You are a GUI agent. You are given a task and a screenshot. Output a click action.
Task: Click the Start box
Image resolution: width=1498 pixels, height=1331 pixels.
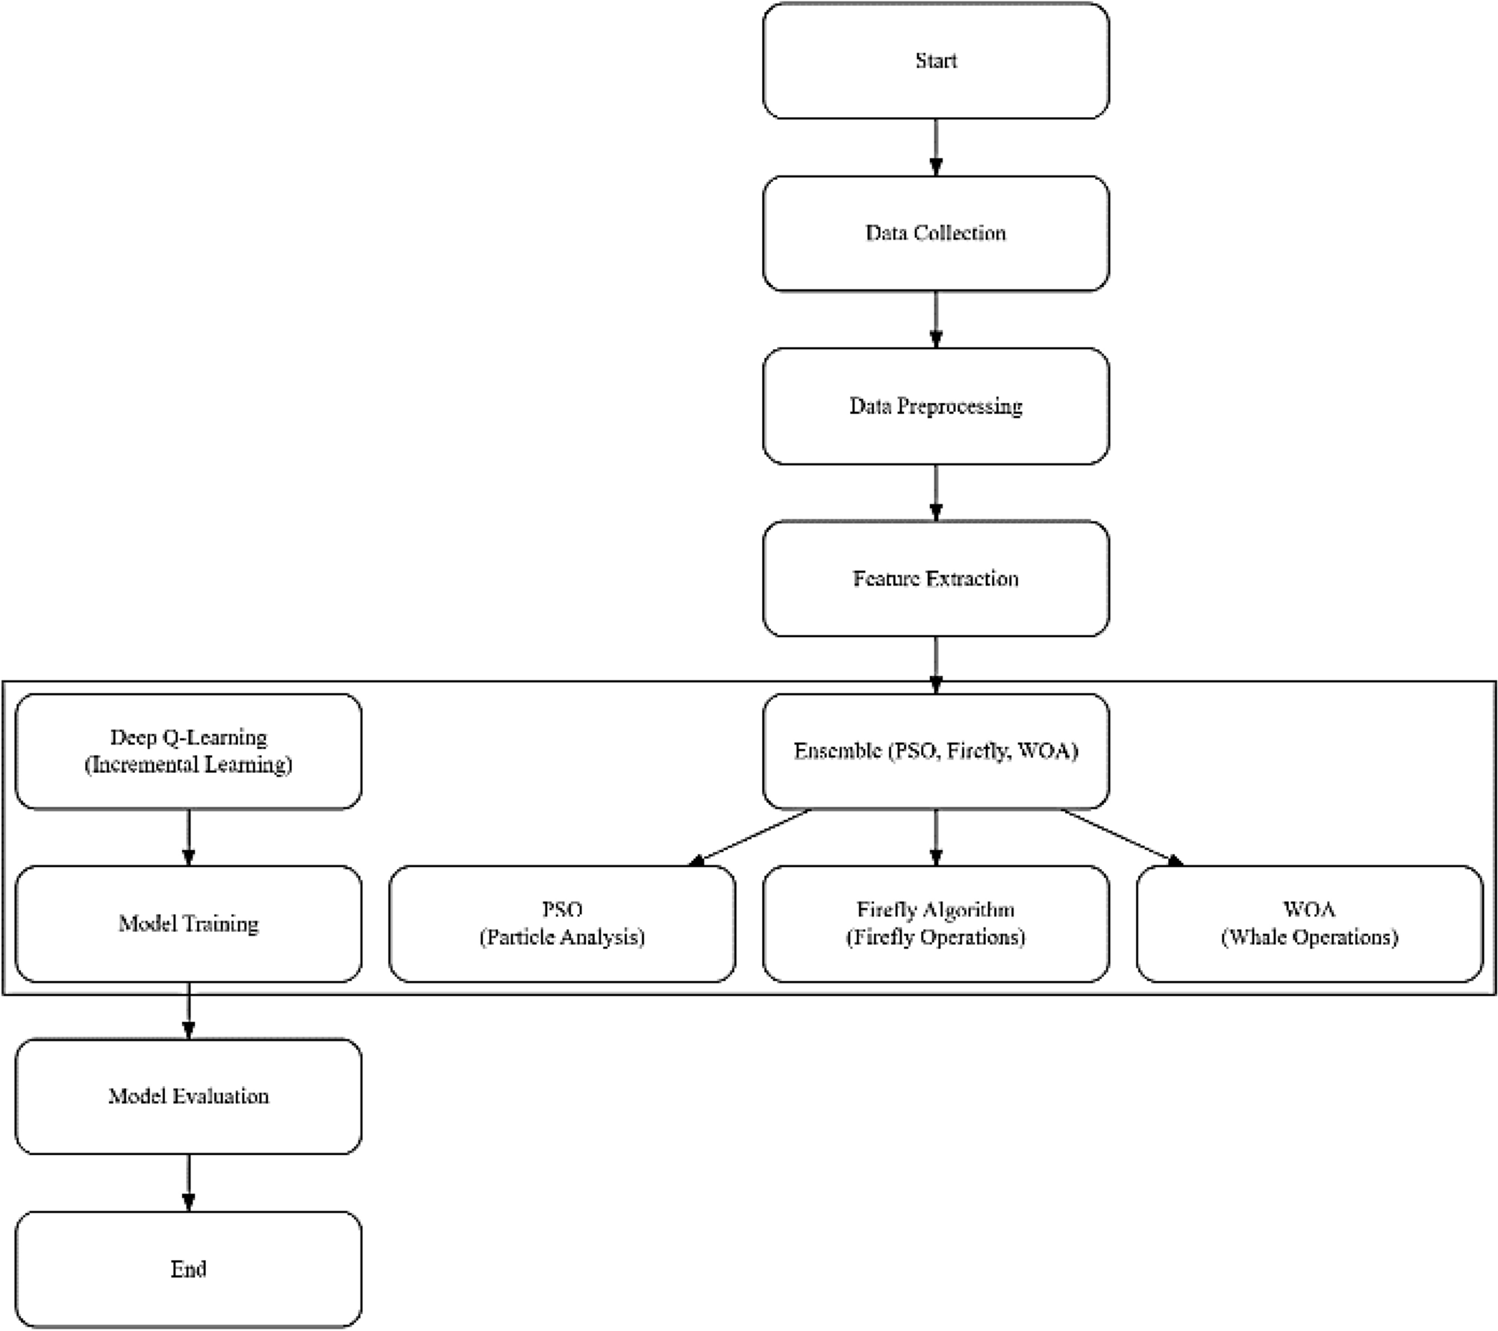(x=935, y=60)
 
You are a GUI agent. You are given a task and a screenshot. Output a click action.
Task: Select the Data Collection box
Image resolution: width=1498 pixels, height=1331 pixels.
(x=935, y=234)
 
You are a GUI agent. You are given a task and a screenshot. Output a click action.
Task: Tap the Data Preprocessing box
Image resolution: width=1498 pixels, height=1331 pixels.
(x=935, y=406)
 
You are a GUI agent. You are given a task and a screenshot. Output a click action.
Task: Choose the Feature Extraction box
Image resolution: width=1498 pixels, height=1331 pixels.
(x=935, y=579)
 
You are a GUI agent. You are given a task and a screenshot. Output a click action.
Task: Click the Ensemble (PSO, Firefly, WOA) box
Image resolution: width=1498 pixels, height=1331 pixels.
(x=935, y=751)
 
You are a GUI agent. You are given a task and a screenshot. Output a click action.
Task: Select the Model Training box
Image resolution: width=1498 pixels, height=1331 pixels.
(x=188, y=924)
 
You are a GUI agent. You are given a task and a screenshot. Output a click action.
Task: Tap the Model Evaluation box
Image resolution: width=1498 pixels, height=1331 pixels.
(x=188, y=1096)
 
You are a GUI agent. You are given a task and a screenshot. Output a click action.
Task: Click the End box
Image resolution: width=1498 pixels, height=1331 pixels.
(x=188, y=1269)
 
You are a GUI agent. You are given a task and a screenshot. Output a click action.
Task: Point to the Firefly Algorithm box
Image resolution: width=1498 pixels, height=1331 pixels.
(x=935, y=924)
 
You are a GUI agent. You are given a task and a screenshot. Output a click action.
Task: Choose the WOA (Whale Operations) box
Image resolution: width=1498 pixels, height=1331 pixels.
(x=1309, y=924)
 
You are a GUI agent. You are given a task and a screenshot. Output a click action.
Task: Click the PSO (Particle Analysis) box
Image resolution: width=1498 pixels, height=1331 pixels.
(x=562, y=924)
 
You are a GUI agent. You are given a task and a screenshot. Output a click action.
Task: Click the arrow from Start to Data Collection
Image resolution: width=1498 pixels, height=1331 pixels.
(x=936, y=147)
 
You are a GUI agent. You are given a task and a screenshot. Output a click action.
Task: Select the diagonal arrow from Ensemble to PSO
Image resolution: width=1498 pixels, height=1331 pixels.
(x=749, y=837)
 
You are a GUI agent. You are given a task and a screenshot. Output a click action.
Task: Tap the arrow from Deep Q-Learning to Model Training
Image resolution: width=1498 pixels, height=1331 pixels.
(x=188, y=837)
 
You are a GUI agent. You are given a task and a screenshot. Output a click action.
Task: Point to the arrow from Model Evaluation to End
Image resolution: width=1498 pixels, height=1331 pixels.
(x=188, y=1183)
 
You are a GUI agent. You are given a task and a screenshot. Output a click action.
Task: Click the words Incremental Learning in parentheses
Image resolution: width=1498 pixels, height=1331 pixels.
(x=188, y=765)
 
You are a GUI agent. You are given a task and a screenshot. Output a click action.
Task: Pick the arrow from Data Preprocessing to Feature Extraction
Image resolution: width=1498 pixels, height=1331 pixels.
(x=936, y=492)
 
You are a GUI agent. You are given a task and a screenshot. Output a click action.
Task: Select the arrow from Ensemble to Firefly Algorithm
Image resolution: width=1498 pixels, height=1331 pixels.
(x=936, y=837)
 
